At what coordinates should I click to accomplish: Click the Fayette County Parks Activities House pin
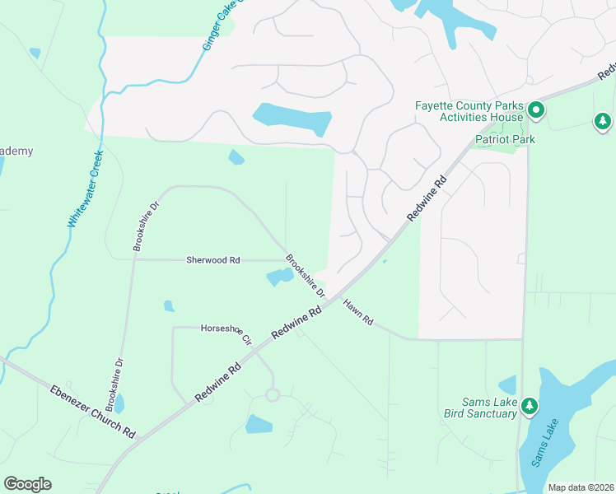point(535,110)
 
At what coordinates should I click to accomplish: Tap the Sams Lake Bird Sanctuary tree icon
point(530,406)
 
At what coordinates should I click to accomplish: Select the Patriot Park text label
point(505,139)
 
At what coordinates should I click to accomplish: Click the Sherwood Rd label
point(212,259)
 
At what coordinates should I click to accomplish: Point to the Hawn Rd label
point(359,314)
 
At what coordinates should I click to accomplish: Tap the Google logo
point(27,484)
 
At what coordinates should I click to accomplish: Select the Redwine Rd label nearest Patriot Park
point(427,198)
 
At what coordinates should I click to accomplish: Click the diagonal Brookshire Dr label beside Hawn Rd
point(306,276)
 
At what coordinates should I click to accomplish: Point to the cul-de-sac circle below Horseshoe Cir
point(272,395)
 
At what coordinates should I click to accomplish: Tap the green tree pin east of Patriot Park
point(603,122)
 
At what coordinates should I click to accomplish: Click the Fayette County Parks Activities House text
point(469,112)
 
